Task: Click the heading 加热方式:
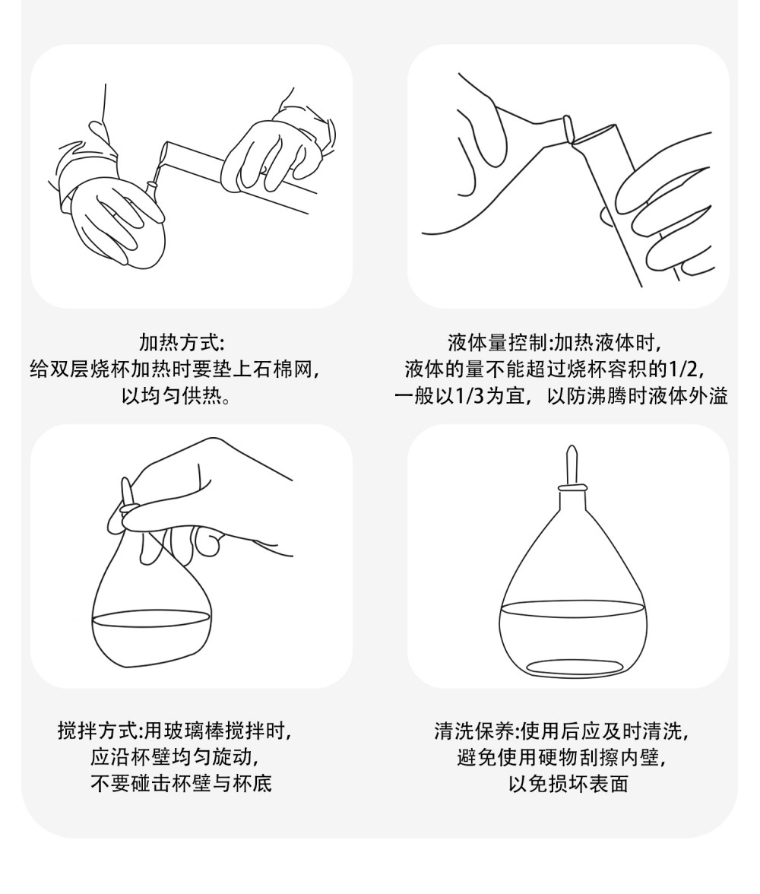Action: pyautogui.click(x=182, y=344)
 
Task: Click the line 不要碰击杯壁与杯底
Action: pyautogui.click(x=182, y=783)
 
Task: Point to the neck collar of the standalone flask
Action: pyautogui.click(x=572, y=488)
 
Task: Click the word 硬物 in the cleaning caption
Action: pyautogui.click(x=578, y=757)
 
